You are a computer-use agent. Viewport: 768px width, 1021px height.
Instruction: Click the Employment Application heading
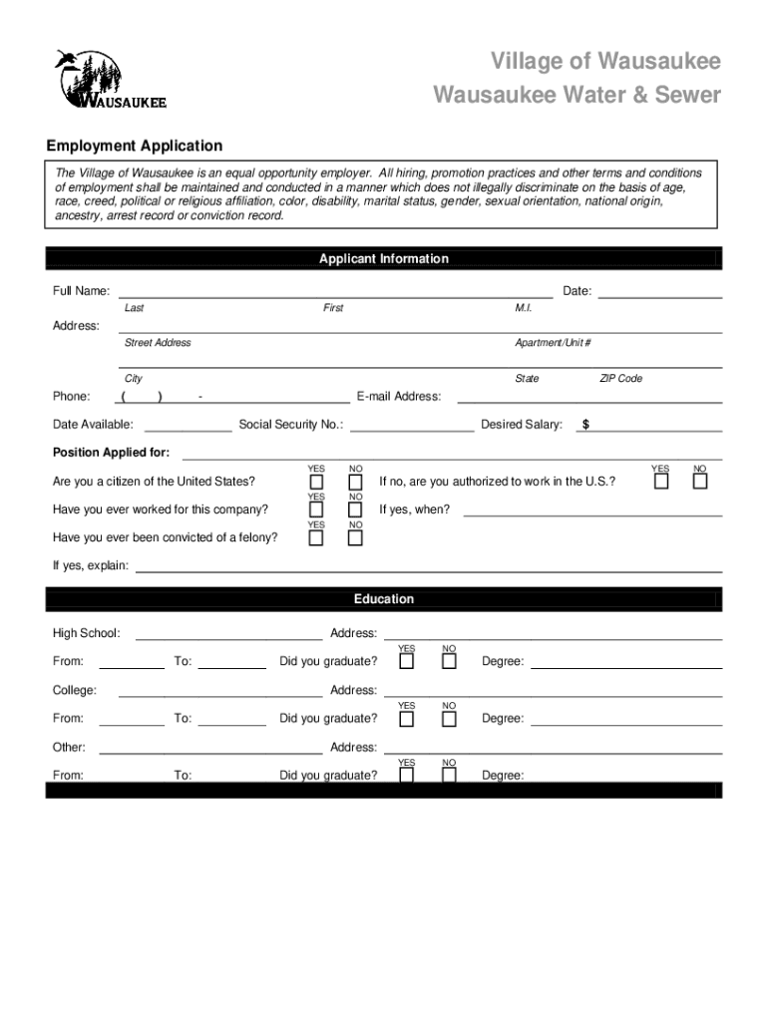(138, 147)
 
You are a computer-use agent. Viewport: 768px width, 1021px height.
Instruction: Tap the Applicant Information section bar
(383, 259)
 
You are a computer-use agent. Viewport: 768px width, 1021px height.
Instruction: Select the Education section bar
(383, 599)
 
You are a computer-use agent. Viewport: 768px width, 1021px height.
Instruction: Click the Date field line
(659, 296)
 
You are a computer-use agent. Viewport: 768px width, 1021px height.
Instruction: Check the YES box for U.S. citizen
(316, 483)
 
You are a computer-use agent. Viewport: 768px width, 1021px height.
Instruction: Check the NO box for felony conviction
(355, 538)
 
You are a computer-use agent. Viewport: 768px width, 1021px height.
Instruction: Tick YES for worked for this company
(316, 510)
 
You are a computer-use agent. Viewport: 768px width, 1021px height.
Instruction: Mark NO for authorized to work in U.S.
(700, 483)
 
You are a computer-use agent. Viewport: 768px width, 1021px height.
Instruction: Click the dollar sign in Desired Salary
(585, 425)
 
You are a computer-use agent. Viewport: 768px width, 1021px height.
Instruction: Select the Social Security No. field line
(412, 430)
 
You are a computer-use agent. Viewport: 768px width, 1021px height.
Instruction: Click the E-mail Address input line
(588, 401)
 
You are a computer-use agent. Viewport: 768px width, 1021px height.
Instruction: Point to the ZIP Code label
(620, 379)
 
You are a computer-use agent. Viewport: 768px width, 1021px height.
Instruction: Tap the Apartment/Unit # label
(553, 343)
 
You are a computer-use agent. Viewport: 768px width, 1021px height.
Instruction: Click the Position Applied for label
(111, 453)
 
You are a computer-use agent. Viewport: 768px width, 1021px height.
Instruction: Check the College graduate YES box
(407, 718)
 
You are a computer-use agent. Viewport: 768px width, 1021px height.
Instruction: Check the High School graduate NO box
(449, 662)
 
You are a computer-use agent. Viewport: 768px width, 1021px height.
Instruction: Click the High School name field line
(228, 637)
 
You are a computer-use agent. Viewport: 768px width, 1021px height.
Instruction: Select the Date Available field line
(188, 430)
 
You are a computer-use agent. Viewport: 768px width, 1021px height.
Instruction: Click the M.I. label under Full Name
(524, 308)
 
